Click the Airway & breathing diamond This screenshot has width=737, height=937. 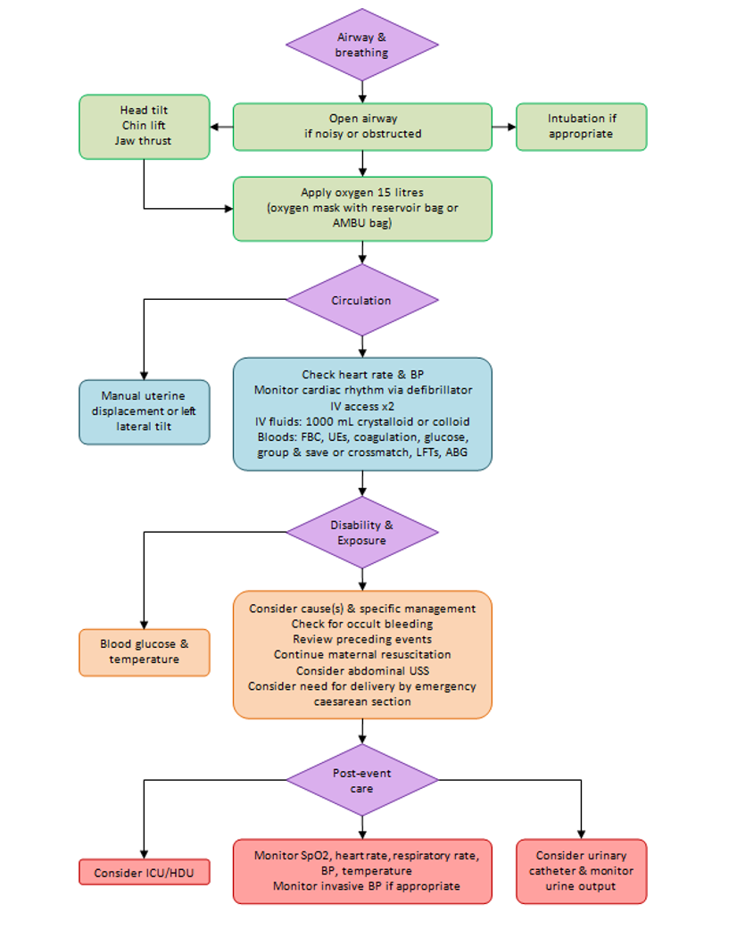(361, 45)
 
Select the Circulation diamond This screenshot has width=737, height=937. (361, 301)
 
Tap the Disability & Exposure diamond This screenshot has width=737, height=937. (361, 533)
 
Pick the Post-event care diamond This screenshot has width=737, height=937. (361, 781)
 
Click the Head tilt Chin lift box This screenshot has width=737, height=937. (145, 127)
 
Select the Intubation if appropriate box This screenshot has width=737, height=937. (581, 127)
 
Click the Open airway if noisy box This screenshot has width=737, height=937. (362, 127)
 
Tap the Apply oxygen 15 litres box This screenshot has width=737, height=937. (362, 208)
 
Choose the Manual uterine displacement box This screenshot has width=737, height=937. (145, 411)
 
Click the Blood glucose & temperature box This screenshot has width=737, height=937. (145, 652)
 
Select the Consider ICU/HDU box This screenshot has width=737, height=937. (145, 873)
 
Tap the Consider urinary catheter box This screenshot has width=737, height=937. (581, 871)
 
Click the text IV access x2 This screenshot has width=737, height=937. (361, 405)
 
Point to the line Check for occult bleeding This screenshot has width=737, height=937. (361, 624)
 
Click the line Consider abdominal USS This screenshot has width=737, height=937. (361, 670)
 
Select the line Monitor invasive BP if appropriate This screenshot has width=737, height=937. (367, 886)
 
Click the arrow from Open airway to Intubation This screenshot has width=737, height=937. (504, 127)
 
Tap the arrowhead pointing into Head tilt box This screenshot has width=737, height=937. (216, 127)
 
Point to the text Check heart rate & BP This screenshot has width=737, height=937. (361, 375)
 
